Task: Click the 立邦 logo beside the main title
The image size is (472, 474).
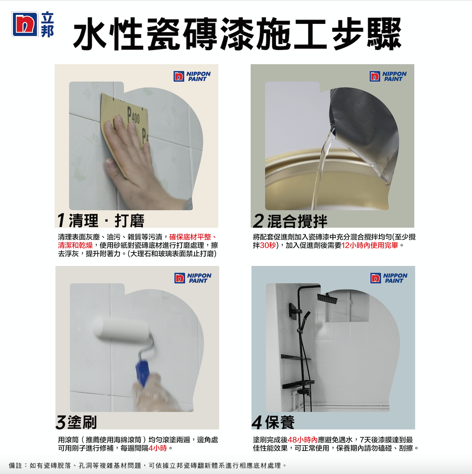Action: [x=33, y=24]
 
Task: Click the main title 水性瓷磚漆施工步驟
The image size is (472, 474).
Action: [x=237, y=34]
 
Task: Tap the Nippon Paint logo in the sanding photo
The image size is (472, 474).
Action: [x=192, y=76]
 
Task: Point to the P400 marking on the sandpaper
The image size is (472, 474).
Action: [x=134, y=115]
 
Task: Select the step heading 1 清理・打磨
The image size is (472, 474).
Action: [x=101, y=221]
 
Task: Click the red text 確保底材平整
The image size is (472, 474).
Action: [x=190, y=237]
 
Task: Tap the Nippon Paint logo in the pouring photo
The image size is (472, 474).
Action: [x=388, y=76]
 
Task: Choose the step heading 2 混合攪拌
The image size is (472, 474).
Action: [x=290, y=221]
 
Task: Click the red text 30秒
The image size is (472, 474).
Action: [x=268, y=245]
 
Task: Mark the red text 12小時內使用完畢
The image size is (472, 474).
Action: [x=370, y=245]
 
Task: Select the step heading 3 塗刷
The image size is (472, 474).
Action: [x=77, y=422]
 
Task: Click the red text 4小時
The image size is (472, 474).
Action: [x=158, y=448]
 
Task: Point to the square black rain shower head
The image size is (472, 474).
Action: [x=328, y=298]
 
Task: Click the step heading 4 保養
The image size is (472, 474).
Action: [x=273, y=422]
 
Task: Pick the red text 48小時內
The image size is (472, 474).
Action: [x=303, y=440]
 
